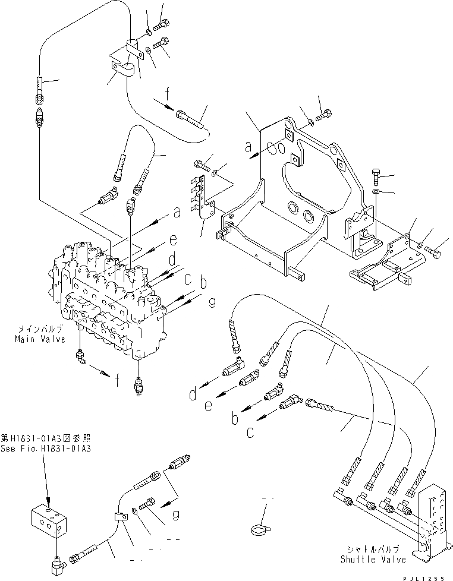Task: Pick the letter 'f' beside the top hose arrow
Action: pyautogui.click(x=168, y=93)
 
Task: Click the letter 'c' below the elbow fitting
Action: pyautogui.click(x=250, y=432)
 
